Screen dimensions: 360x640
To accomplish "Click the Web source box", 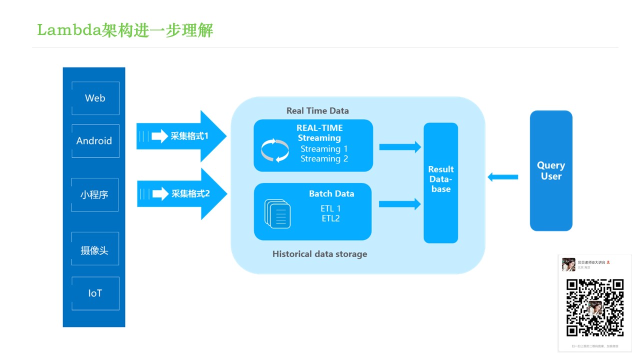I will [95, 98].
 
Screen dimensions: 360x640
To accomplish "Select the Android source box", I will [95, 141].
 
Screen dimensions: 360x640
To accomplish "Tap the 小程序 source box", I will [95, 194].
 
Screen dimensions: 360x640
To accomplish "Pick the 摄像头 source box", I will [95, 248].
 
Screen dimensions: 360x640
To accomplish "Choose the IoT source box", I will [95, 293].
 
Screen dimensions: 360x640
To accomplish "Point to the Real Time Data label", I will [317, 111].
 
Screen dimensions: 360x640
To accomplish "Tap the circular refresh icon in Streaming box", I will [275, 150].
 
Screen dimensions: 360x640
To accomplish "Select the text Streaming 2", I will [324, 159].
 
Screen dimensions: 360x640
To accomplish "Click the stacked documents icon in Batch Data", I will [277, 214].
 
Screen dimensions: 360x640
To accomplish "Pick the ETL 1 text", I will [330, 208].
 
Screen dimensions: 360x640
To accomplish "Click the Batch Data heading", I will [331, 194].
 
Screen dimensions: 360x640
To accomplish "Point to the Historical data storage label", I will [319, 254].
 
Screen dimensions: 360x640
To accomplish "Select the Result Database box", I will [441, 183].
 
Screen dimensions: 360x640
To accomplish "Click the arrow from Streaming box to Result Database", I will [400, 147].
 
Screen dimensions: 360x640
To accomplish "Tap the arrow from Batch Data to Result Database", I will [400, 204].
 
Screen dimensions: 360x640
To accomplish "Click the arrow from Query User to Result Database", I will [502, 176].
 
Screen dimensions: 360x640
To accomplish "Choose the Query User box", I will [551, 170].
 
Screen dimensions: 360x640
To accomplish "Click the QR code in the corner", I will [594, 307].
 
